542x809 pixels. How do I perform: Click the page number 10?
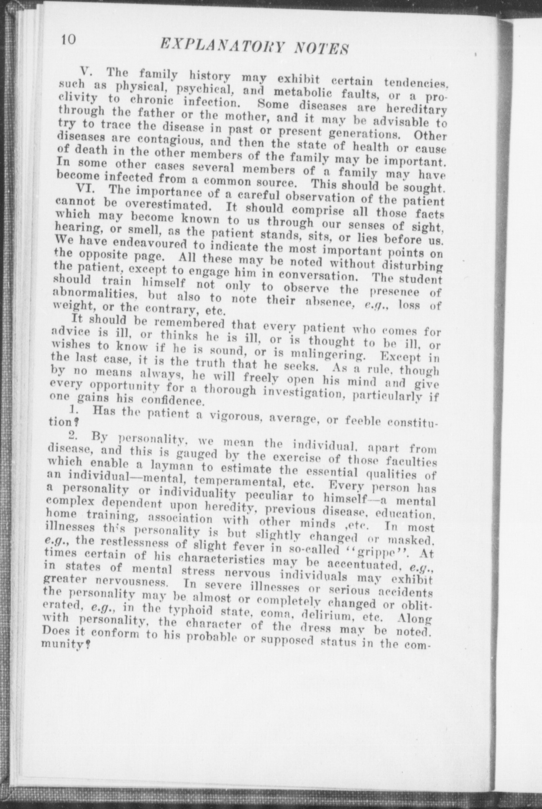(67, 40)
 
